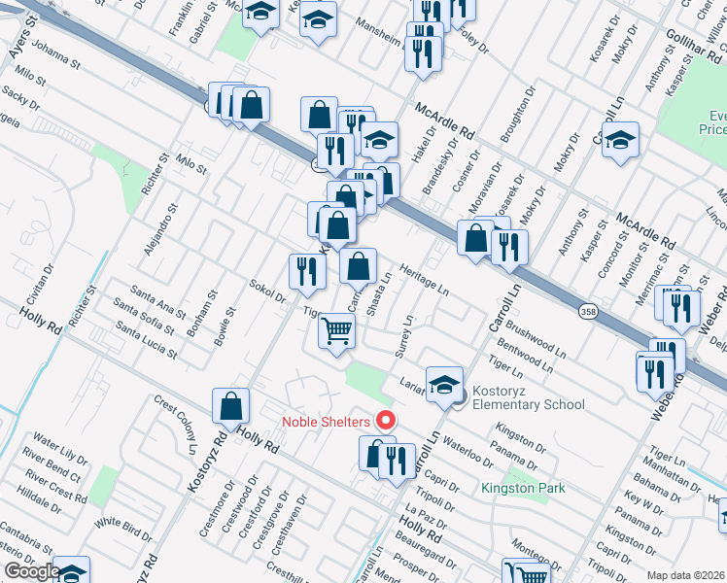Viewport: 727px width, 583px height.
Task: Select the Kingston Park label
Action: click(x=523, y=488)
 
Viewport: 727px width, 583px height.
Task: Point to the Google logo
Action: click(x=31, y=571)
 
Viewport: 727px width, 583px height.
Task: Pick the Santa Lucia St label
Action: click(x=146, y=340)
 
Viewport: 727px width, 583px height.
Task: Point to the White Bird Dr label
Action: click(x=124, y=529)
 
